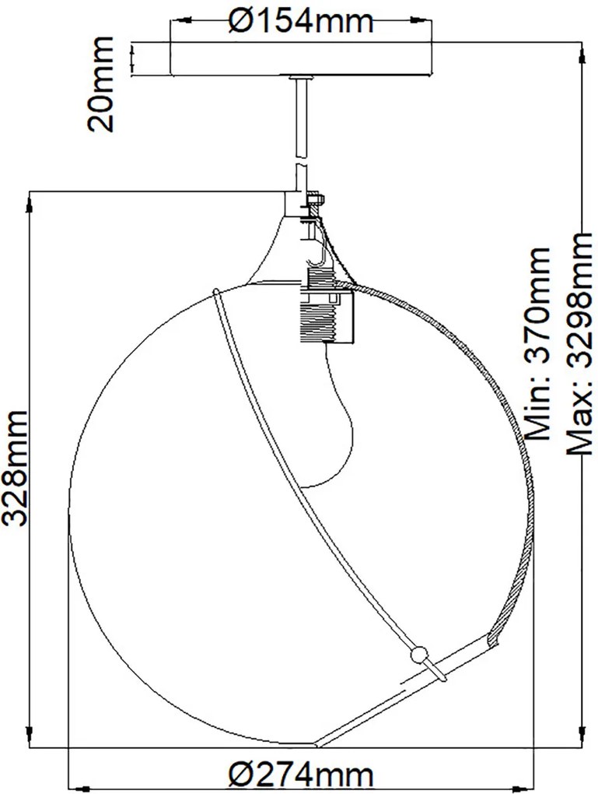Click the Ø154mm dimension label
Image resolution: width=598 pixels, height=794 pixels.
(301, 21)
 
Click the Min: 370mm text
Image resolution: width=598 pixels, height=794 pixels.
(537, 343)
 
